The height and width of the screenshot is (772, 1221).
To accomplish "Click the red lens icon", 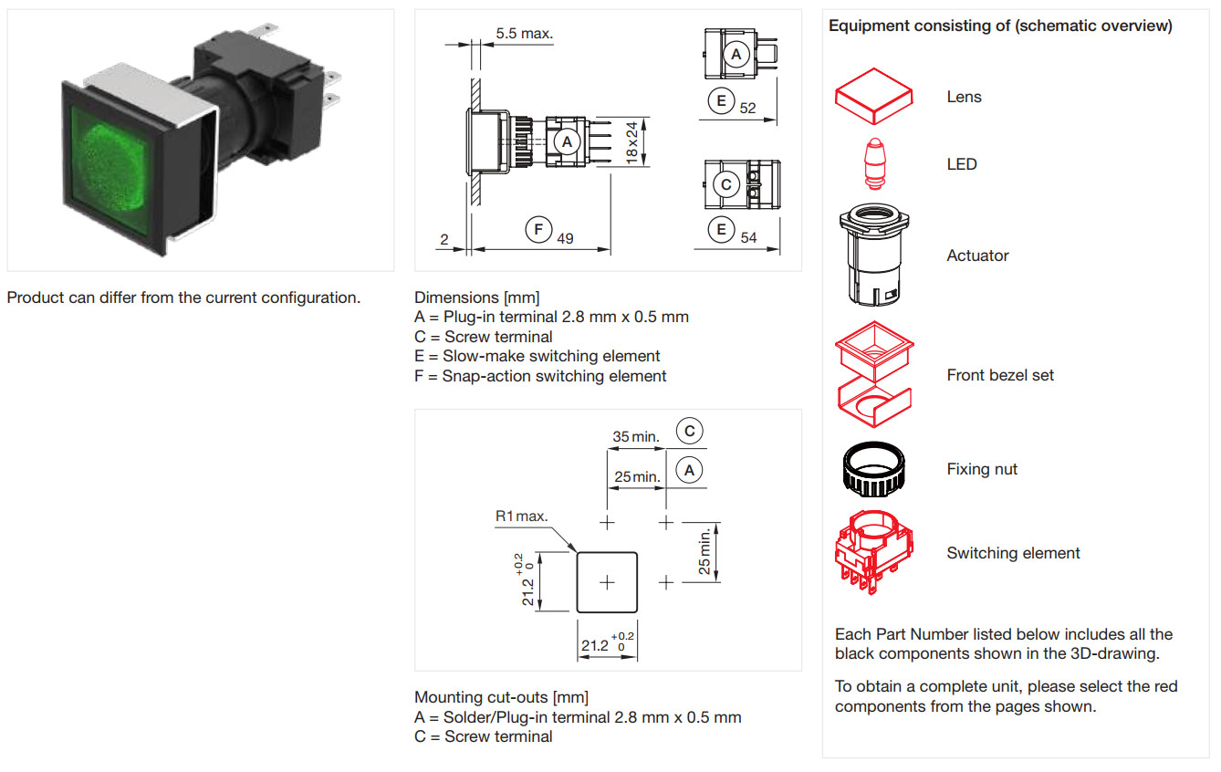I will click(x=873, y=96).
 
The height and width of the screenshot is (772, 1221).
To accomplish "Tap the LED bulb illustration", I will click(x=875, y=164).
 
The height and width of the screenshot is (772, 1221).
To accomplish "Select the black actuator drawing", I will click(x=875, y=256).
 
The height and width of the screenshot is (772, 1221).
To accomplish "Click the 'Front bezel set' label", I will click(x=1000, y=375).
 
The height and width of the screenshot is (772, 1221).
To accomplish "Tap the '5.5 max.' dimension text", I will click(x=524, y=35).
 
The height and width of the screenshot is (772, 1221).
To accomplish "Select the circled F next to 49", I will click(x=539, y=228).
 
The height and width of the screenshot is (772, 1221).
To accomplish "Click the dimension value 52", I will click(x=748, y=108).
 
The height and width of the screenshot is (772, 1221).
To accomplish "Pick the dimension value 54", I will click(x=748, y=237).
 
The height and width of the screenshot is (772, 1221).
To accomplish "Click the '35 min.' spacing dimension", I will click(x=635, y=436).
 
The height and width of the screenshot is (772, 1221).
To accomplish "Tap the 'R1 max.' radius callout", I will click(x=521, y=516).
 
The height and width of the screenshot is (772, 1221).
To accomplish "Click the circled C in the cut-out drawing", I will click(x=689, y=431).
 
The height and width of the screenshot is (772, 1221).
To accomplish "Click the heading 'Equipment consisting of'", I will click(x=999, y=26).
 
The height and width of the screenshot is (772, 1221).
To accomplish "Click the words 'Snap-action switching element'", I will click(x=554, y=376).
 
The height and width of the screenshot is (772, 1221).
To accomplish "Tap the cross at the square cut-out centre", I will click(x=607, y=581).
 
